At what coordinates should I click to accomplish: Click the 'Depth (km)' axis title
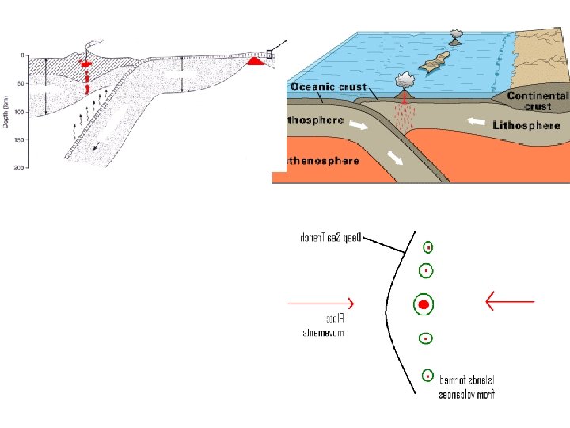click(x=6, y=111)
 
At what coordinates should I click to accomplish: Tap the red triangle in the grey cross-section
click(x=255, y=60)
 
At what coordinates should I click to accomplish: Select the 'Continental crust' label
click(x=538, y=101)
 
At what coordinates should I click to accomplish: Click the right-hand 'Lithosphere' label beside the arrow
click(x=526, y=125)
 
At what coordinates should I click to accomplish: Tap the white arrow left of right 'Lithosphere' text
click(x=477, y=122)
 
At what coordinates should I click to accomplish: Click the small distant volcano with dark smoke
click(x=457, y=37)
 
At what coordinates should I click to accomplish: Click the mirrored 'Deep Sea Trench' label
click(x=331, y=236)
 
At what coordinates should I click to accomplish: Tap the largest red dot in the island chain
click(x=424, y=304)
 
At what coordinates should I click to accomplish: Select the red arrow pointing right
click(x=321, y=303)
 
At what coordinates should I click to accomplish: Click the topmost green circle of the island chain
click(x=428, y=246)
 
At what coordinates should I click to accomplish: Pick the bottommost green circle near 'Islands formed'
click(x=427, y=376)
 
